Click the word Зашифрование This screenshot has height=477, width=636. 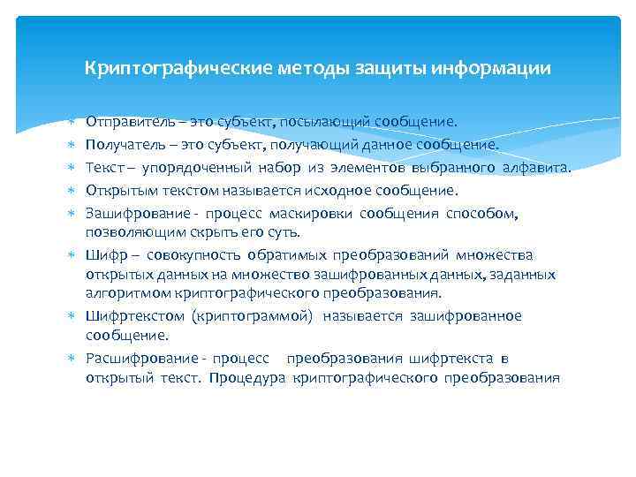click(x=129, y=213)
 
